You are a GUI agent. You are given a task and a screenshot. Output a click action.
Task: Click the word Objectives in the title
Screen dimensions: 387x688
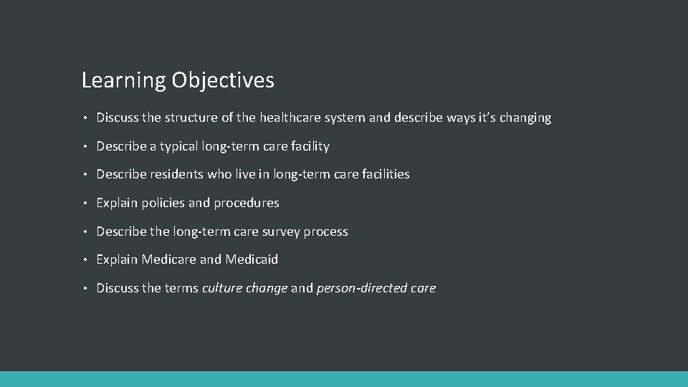point(223,80)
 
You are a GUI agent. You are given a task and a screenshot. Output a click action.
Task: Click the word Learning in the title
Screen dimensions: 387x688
point(123,80)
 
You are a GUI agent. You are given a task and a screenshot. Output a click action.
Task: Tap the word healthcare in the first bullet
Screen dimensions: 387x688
point(290,118)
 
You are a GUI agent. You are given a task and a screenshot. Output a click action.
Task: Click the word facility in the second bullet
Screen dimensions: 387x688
point(310,146)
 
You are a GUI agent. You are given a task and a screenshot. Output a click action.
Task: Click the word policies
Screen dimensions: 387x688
point(163,203)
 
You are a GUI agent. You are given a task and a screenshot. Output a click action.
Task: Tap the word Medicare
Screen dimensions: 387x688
point(169,259)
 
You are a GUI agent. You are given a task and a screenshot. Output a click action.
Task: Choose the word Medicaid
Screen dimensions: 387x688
point(252,259)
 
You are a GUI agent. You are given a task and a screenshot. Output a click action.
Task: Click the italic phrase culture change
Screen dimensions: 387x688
point(245,288)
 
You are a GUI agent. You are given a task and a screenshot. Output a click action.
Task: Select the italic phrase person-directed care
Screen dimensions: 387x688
point(376,288)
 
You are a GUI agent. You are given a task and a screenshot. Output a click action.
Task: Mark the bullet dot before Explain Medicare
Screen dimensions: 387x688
point(85,259)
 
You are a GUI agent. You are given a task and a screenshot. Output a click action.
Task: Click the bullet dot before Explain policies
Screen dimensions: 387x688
point(85,203)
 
